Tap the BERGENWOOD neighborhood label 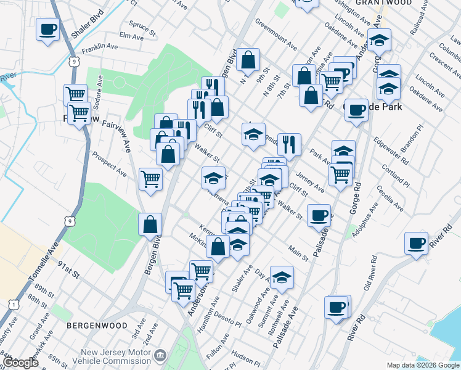click(97, 325)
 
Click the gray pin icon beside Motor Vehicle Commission click(160, 355)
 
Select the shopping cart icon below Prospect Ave click(151, 179)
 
